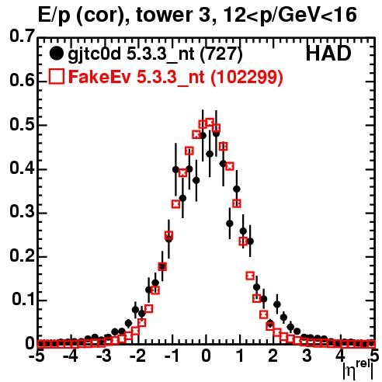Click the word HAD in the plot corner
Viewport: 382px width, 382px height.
[328, 54]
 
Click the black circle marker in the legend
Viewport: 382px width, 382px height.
[56, 54]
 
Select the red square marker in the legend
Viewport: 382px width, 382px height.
[56, 76]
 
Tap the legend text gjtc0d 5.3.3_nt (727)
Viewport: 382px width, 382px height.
[155, 54]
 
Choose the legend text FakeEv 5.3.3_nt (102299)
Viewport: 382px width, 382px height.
[176, 77]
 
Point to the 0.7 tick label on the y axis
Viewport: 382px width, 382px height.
[22, 36]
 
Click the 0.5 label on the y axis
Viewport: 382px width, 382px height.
[22, 124]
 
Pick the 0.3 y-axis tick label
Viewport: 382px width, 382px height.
[22, 212]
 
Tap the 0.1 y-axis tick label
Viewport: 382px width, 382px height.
[23, 300]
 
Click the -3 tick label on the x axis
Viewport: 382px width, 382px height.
[104, 356]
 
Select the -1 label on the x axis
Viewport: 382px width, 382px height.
[172, 356]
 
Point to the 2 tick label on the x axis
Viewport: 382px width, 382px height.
[273, 356]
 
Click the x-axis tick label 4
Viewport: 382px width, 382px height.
[340, 356]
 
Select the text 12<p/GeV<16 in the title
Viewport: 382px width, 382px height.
[290, 16]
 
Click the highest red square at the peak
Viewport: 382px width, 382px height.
[210, 122]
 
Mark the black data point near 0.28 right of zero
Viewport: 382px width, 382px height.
[230, 224]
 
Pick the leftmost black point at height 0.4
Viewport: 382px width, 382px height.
[175, 169]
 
